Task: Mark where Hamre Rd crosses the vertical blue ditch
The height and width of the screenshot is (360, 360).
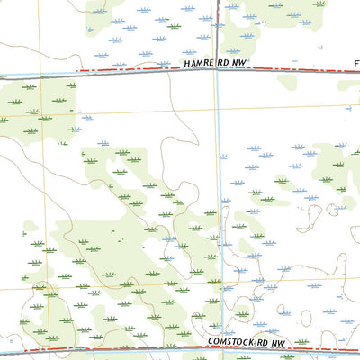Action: pos(217,72)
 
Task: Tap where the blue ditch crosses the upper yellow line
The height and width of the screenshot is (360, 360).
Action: pos(217,114)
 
